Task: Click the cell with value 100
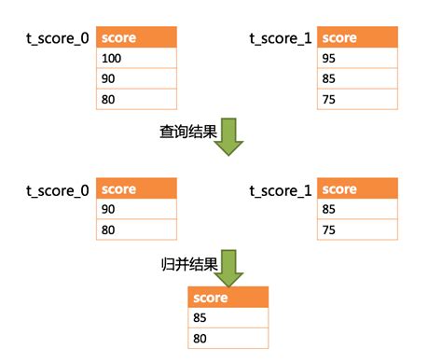[136, 59]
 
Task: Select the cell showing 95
[358, 59]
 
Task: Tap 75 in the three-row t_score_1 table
[358, 99]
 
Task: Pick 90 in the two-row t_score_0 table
[136, 209]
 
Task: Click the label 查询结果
[187, 132]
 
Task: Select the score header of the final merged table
[228, 298]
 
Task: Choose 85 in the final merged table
[228, 318]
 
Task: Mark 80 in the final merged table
[228, 338]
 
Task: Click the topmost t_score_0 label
[58, 38]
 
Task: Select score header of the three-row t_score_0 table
[136, 38]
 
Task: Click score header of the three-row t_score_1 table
[358, 38]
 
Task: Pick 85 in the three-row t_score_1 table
[358, 79]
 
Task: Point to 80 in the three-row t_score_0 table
[136, 99]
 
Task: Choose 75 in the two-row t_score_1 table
[358, 230]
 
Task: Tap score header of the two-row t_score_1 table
[358, 189]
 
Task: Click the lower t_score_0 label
[58, 190]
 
